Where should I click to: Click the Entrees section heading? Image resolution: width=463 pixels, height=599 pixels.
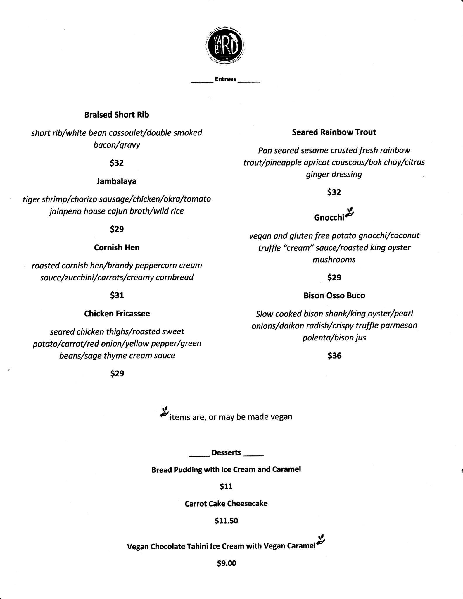tap(225, 79)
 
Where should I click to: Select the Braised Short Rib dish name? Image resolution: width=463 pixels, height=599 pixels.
tap(117, 115)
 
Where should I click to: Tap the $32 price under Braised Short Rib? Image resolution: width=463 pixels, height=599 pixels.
tap(117, 163)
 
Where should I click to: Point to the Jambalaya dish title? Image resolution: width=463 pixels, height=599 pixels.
tap(116, 181)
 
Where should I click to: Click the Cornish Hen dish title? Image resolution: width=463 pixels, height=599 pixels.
tap(117, 247)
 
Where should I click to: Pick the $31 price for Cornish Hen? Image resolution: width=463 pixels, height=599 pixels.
tap(117, 295)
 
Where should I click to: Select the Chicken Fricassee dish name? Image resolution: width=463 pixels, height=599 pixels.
tap(117, 314)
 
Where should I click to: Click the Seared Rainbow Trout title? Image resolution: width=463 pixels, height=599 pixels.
tap(334, 132)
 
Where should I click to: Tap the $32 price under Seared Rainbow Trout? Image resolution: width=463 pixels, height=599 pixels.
tap(334, 192)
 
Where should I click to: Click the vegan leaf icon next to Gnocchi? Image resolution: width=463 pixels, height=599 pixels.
tap(350, 213)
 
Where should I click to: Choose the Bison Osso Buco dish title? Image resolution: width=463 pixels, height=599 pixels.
tap(334, 295)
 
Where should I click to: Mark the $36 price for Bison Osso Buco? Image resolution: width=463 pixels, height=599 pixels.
tap(334, 356)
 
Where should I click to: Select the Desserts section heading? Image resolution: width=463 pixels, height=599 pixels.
tap(226, 452)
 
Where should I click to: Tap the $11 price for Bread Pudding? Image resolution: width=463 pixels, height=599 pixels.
tap(226, 486)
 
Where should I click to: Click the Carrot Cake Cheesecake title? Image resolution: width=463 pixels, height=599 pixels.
tap(226, 503)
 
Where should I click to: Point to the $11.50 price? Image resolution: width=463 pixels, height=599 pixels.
tap(226, 521)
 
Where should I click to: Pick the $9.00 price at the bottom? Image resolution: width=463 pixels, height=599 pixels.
tap(226, 563)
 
